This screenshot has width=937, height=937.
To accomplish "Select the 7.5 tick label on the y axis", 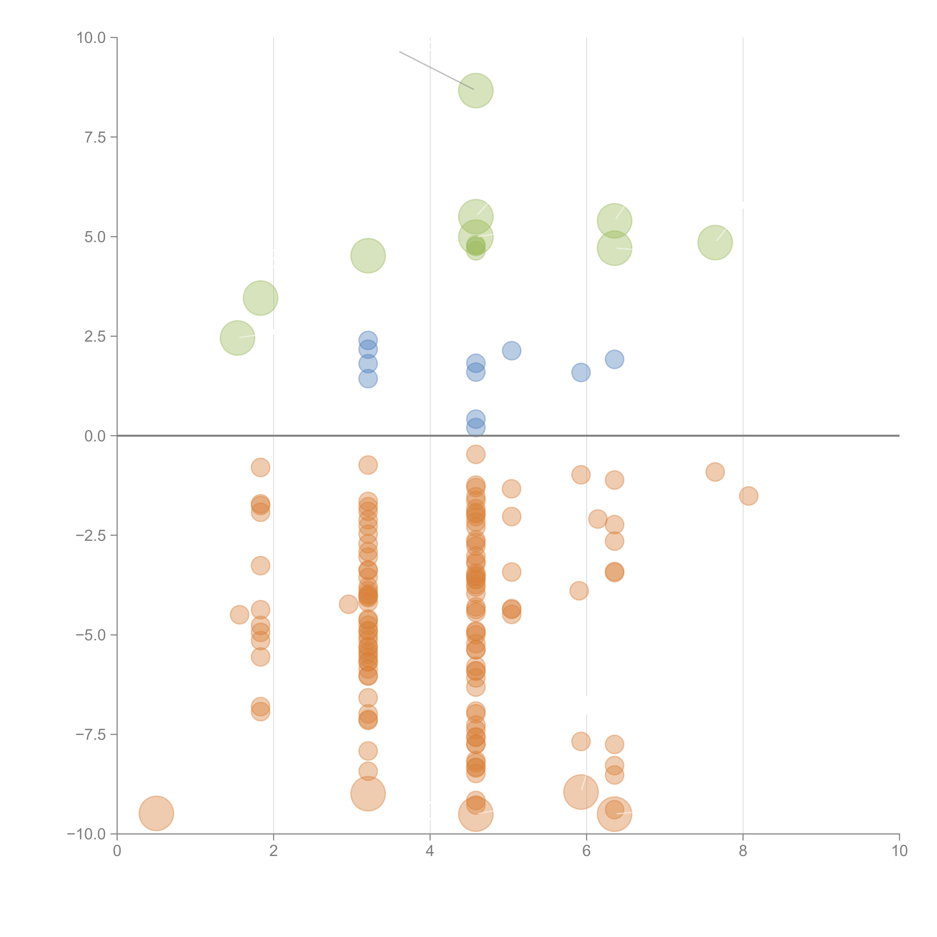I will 95,137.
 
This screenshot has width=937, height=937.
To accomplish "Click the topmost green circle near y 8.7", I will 476,91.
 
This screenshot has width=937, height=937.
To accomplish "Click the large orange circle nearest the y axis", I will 156,813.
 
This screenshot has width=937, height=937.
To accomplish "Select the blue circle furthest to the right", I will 614,359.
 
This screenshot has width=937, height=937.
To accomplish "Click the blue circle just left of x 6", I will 581,373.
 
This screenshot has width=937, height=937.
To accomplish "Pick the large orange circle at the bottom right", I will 614,814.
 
